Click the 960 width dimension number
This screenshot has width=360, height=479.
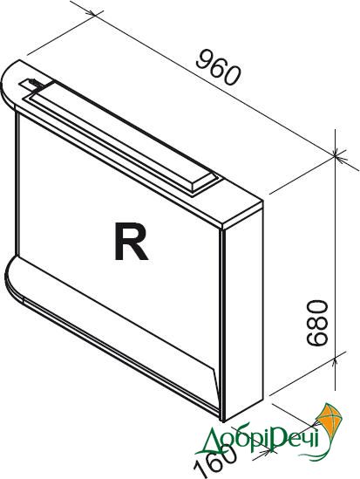point(218,67)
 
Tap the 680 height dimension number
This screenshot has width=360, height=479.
point(317,323)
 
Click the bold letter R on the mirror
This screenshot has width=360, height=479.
point(131,242)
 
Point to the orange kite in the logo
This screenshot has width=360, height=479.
point(329,420)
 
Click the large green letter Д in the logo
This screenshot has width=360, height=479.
point(211,440)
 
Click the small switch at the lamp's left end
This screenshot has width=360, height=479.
point(30,85)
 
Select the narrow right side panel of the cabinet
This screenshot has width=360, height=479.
point(242,311)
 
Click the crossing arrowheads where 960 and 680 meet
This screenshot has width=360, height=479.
point(335,156)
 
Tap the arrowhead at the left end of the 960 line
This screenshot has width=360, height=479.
point(92,13)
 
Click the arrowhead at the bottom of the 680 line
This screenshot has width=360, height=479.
point(335,362)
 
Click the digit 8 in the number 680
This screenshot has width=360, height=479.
point(317,323)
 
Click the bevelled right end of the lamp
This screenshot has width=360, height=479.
point(204,182)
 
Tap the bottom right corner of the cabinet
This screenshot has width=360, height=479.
point(223,422)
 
